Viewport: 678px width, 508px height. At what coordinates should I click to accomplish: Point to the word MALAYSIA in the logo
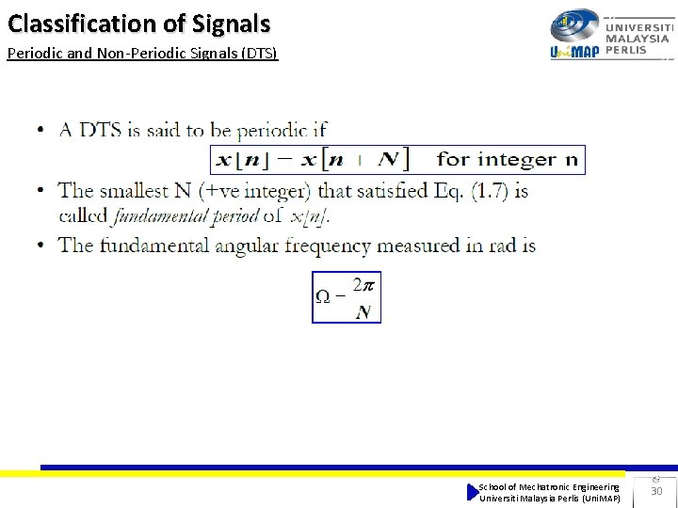click(x=638, y=40)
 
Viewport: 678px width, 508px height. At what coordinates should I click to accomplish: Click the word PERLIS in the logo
click(x=626, y=51)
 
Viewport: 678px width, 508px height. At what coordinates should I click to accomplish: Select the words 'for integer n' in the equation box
click(x=508, y=160)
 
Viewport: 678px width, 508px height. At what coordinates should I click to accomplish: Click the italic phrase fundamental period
click(x=185, y=215)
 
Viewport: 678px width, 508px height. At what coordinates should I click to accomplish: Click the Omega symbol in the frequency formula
click(x=322, y=297)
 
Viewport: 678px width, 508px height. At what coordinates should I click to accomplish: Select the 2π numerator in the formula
click(x=363, y=283)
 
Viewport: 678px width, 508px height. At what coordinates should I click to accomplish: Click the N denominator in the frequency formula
click(x=363, y=312)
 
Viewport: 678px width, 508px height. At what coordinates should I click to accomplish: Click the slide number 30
click(x=656, y=491)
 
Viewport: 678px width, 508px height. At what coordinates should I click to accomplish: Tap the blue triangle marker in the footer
click(x=473, y=492)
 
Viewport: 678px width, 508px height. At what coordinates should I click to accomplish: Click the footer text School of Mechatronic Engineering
click(x=549, y=486)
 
